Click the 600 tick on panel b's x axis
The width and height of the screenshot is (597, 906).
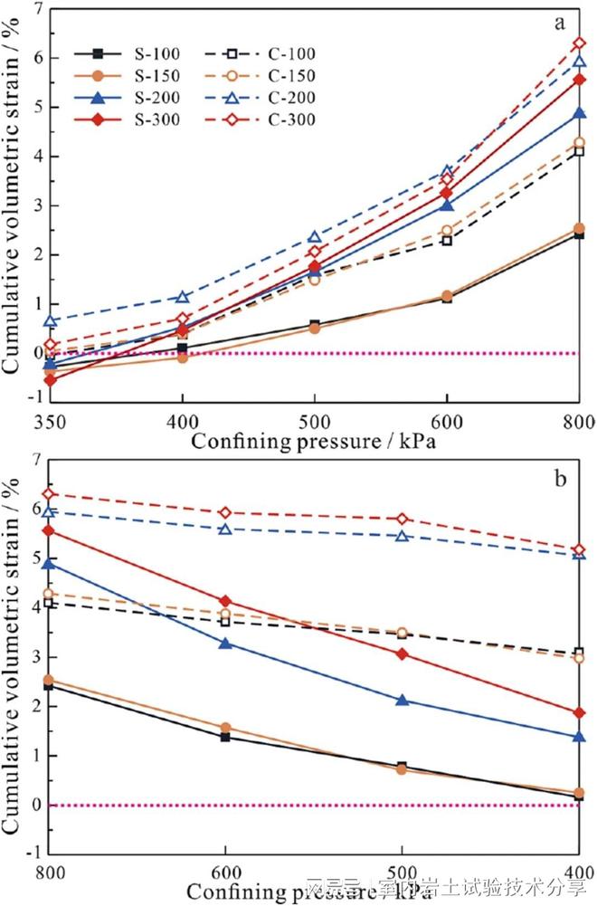225,873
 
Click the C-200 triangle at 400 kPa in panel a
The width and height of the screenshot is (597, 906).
182,296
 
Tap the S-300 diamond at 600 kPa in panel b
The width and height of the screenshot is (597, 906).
225,601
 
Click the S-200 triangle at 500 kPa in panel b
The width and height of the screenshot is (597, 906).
402,700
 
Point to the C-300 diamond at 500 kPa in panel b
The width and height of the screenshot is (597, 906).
402,519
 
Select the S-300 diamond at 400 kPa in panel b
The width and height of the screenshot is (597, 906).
578,712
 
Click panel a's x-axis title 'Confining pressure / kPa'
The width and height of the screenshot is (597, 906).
312,443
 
